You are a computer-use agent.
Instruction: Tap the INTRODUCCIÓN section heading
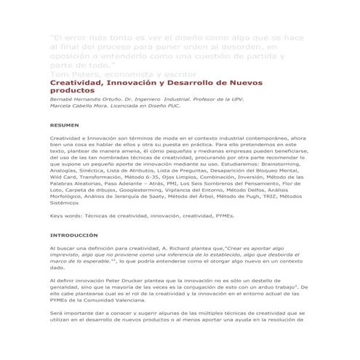(73, 236)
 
